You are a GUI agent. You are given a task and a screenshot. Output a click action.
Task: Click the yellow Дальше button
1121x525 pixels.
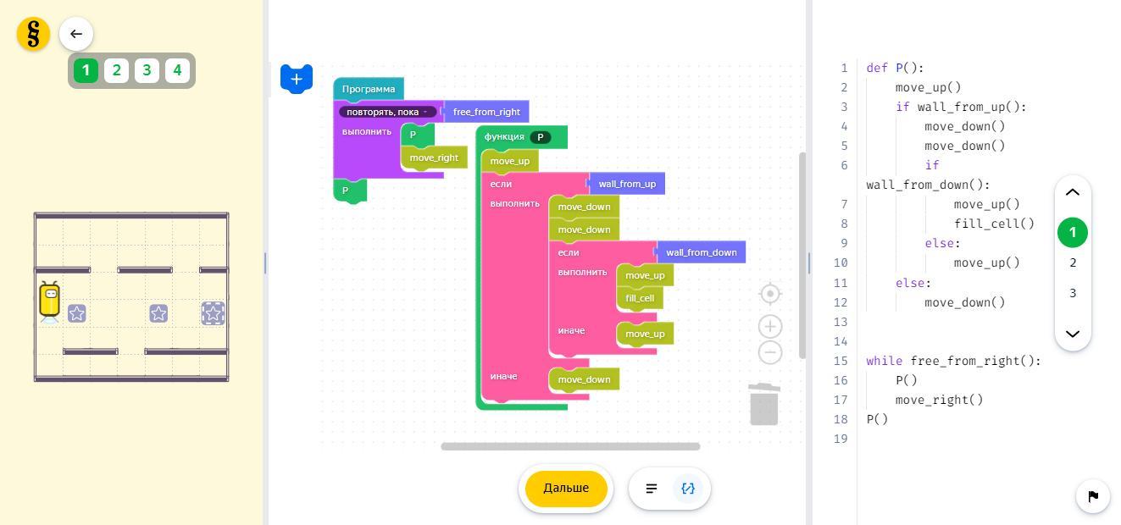click(566, 489)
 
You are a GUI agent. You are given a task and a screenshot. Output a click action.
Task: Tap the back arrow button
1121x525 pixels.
click(76, 34)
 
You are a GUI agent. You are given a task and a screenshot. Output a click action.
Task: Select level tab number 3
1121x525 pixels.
click(147, 70)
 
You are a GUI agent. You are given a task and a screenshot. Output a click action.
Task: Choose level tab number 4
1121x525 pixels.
click(177, 70)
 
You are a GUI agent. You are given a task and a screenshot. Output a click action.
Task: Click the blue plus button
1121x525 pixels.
click(297, 79)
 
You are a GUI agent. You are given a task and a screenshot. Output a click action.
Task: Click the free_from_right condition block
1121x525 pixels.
click(486, 112)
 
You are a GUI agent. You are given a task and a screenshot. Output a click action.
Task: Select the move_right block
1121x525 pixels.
click(434, 157)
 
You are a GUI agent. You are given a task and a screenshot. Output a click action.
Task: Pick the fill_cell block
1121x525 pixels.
click(640, 298)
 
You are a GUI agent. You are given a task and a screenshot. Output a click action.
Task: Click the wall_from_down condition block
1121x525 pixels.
click(701, 252)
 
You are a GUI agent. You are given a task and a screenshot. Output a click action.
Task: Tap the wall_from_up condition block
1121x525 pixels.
click(627, 184)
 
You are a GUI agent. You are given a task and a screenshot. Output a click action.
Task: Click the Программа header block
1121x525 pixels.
click(369, 89)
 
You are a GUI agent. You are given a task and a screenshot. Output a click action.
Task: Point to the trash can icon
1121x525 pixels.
click(764, 404)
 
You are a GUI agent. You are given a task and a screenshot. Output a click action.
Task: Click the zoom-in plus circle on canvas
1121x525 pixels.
click(770, 326)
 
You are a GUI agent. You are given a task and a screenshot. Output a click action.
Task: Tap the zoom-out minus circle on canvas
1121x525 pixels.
click(770, 352)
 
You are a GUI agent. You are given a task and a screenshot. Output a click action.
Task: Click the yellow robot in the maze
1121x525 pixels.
click(50, 302)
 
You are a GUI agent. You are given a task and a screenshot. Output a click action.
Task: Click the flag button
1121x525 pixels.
click(1093, 496)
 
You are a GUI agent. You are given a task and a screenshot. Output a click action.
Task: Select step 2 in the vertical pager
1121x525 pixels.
click(1073, 262)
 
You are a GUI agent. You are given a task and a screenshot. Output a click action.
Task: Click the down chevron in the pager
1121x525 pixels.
click(1073, 334)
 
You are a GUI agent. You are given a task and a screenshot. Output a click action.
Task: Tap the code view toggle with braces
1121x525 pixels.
click(688, 489)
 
